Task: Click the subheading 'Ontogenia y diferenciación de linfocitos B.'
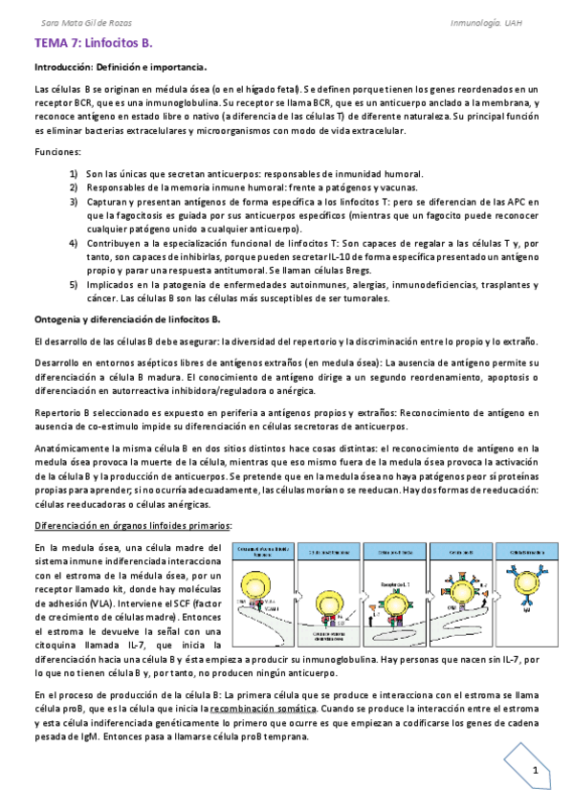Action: (127, 318)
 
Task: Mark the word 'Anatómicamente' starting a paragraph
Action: (73, 421)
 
